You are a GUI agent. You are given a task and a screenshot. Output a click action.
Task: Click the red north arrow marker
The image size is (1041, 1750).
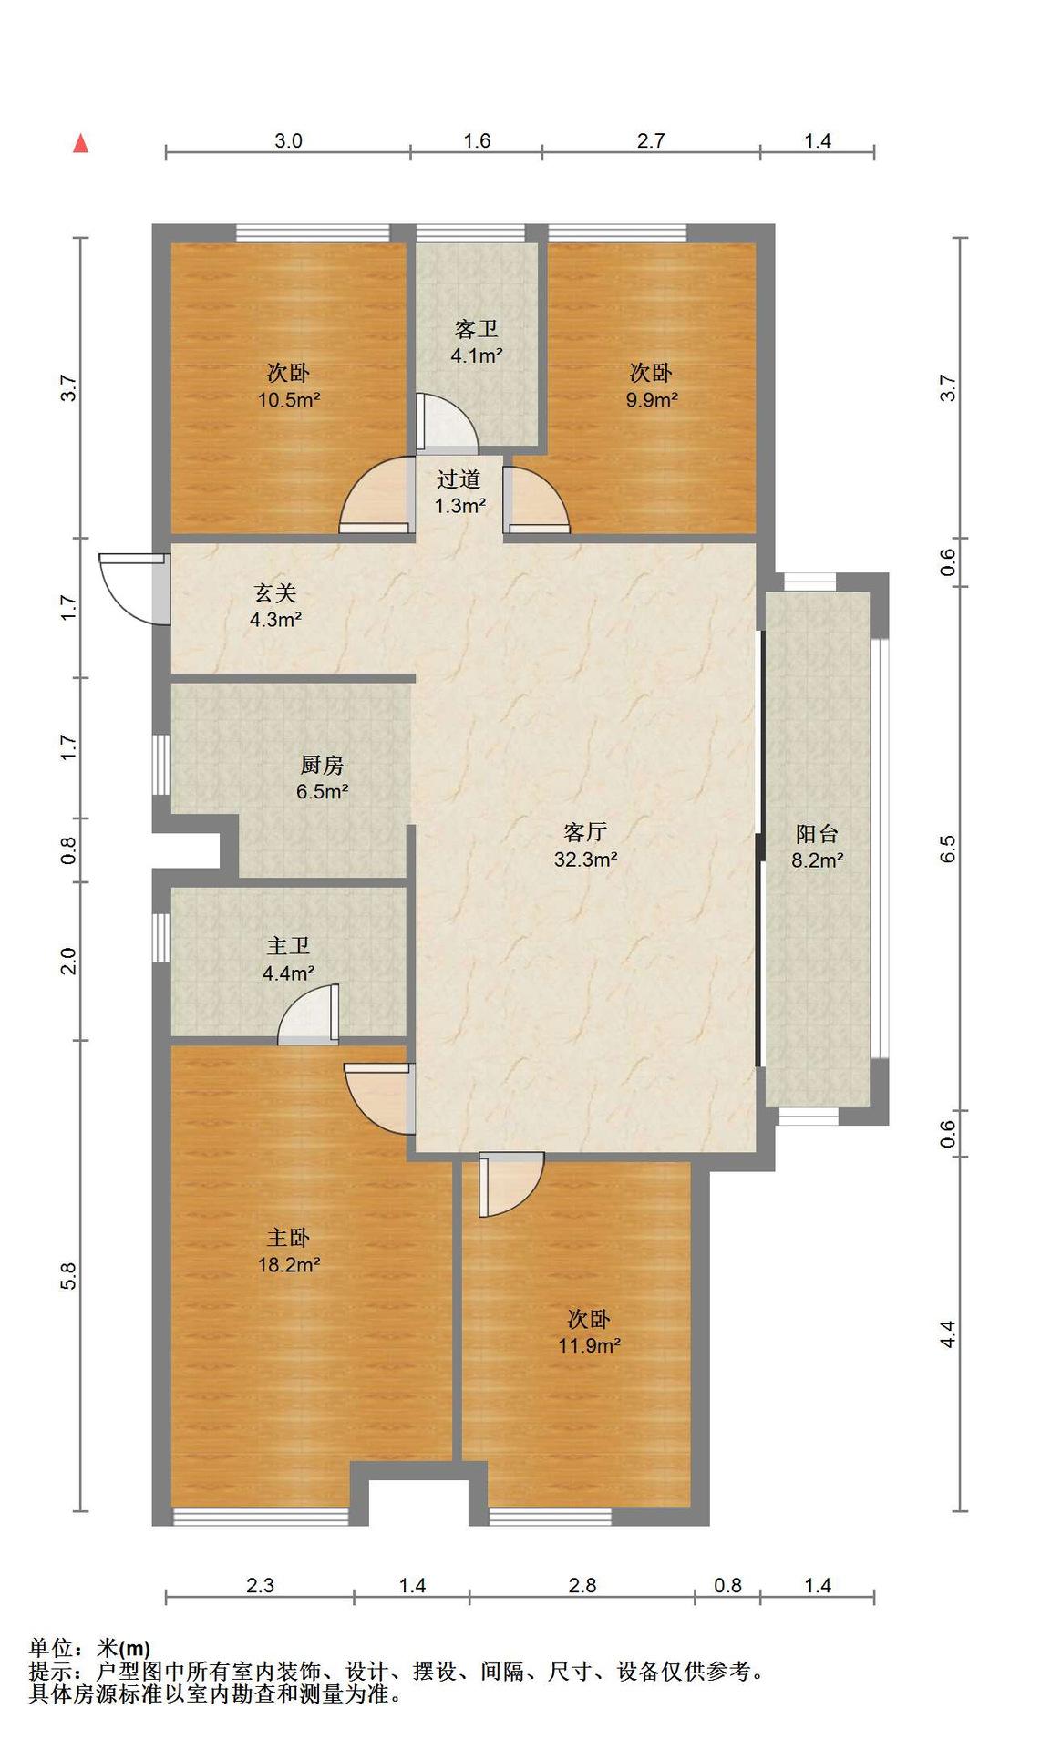[81, 143]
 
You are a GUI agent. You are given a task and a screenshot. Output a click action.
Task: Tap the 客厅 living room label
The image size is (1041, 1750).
[585, 831]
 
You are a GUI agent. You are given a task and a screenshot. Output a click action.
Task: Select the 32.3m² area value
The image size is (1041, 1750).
[586, 859]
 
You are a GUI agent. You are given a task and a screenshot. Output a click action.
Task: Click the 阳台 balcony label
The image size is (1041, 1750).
[817, 833]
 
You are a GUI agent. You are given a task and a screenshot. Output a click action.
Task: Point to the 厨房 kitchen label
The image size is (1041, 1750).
[322, 765]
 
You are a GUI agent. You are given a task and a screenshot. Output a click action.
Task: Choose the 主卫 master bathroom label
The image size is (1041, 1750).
[288, 946]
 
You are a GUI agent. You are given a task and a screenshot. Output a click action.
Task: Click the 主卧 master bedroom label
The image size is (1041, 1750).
[288, 1237]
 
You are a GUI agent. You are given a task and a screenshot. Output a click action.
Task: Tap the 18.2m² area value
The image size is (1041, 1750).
[289, 1264]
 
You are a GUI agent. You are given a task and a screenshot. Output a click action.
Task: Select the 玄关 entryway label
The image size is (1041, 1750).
[275, 593]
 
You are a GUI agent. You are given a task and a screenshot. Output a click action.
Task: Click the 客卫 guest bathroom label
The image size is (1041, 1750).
[476, 328]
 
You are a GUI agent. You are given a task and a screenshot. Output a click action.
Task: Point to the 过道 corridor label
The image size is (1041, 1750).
[459, 479]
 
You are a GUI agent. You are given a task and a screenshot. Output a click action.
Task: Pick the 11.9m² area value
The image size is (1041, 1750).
[590, 1345]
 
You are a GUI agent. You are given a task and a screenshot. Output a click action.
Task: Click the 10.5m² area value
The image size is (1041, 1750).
[289, 399]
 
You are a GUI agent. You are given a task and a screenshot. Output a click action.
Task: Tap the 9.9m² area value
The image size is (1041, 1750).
[652, 399]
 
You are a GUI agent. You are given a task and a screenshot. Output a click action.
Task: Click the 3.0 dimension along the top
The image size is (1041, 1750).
[288, 140]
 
